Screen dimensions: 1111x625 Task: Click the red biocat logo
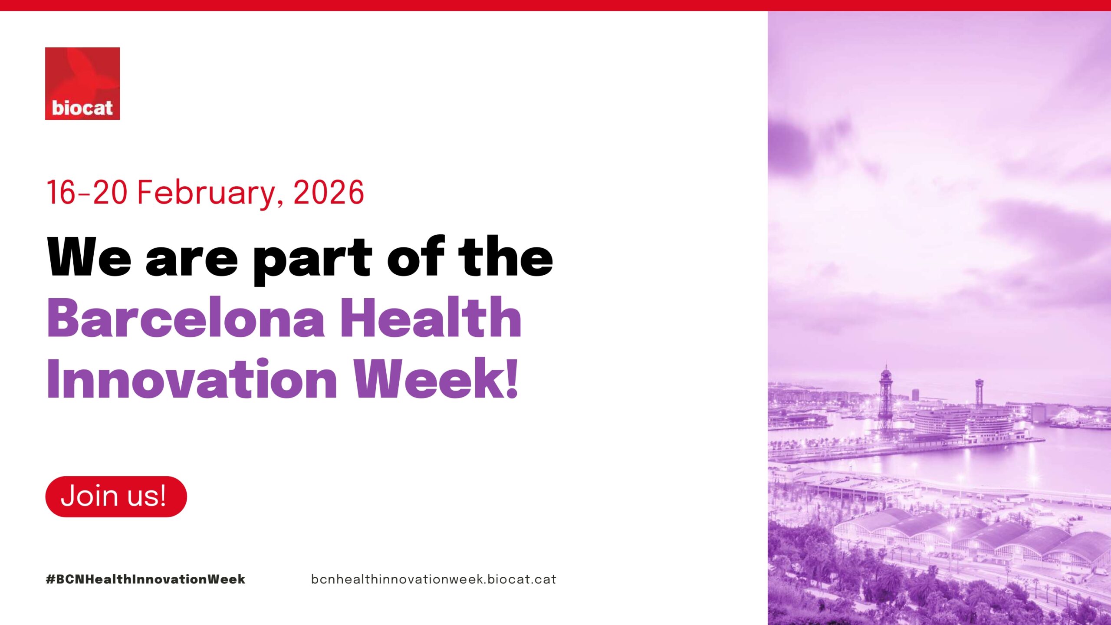point(82,83)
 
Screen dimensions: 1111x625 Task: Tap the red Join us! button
point(116,496)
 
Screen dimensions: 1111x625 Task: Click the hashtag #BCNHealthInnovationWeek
point(145,579)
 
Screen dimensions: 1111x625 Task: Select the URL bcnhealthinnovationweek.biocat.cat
point(434,579)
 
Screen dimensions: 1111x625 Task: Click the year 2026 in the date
point(329,192)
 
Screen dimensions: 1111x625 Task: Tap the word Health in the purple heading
point(431,317)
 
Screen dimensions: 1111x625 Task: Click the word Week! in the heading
point(436,378)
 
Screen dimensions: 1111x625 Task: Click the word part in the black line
point(312,260)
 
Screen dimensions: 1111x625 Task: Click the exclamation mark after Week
point(512,378)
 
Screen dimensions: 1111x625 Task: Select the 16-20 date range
point(87,192)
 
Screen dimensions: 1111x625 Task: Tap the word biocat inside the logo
point(82,108)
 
